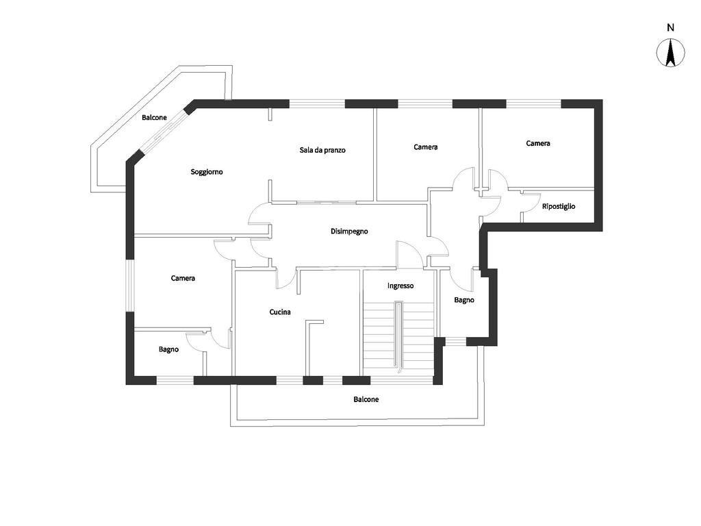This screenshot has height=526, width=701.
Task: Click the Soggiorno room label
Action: tap(207, 172)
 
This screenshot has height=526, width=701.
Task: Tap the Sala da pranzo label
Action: tap(322, 150)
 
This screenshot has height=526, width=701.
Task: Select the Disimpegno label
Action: tap(349, 231)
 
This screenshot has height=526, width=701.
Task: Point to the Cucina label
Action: tap(280, 312)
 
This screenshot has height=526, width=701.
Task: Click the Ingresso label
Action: tap(400, 286)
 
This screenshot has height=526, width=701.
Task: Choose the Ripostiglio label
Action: tap(559, 206)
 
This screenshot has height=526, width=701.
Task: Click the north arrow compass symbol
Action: tap(670, 53)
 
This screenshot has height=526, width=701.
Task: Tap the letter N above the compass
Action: tap(670, 28)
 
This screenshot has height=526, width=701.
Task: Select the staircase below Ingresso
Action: tap(398, 336)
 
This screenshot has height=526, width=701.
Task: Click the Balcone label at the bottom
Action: tap(366, 399)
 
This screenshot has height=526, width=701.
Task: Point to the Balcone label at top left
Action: tap(154, 118)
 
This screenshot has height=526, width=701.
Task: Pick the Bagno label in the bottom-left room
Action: tap(168, 349)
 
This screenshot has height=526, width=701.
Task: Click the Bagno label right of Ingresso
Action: tap(464, 300)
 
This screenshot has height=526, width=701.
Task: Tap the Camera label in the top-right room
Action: tap(538, 144)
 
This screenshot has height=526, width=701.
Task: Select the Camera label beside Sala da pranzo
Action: tap(426, 147)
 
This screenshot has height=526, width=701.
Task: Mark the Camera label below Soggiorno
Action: tap(183, 278)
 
